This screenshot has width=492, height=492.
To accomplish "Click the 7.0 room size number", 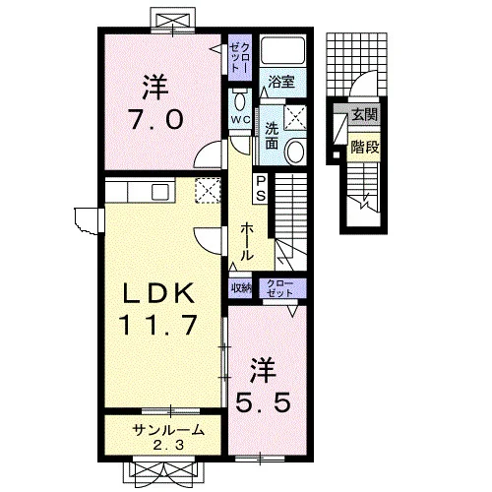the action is [155, 119].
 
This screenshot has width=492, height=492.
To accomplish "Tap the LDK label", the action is [158, 293].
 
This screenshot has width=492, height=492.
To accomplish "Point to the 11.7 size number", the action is [159, 325].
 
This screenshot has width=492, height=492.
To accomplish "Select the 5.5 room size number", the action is [264, 402].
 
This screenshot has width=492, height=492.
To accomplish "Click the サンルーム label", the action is [168, 430].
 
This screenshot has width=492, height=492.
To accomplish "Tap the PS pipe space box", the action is [261, 188].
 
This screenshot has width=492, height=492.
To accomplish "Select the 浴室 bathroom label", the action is [281, 82].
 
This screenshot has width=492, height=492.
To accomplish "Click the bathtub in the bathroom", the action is [283, 50].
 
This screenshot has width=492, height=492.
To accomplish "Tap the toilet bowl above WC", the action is [240, 100].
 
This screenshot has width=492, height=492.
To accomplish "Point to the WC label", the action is [240, 120].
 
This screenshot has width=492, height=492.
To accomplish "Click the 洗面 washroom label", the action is [272, 136].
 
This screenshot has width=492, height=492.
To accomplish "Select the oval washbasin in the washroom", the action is [295, 151].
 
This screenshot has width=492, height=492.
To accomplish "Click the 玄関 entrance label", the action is [365, 115].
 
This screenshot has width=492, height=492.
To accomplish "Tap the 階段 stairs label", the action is [365, 148].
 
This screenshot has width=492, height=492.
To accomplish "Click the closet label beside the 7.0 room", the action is [240, 58].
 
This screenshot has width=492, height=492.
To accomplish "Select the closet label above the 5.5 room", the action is [279, 288].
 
